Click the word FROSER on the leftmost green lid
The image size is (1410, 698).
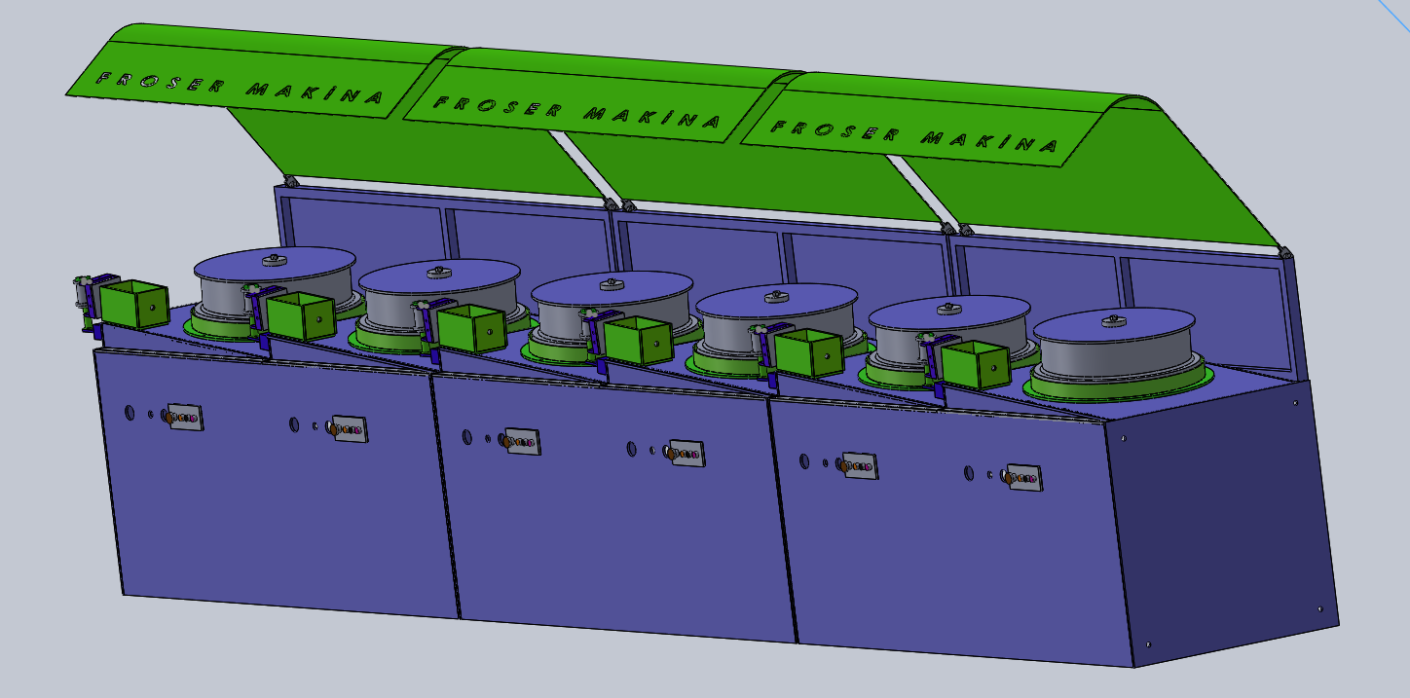pyautogui.click(x=160, y=82)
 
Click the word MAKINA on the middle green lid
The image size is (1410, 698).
pyautogui.click(x=652, y=117)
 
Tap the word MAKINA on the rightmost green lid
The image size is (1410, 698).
pyautogui.click(x=990, y=141)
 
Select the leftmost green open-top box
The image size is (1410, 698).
pyautogui.click(x=134, y=304)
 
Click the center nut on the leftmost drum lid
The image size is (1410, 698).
pyautogui.click(x=274, y=260)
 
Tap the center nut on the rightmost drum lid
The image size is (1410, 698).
pyautogui.click(x=1114, y=321)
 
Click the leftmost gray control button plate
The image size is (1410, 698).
pyautogui.click(x=185, y=417)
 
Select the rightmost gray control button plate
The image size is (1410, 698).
pyautogui.click(x=1024, y=478)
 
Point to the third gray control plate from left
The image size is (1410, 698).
pyautogui.click(x=522, y=441)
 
